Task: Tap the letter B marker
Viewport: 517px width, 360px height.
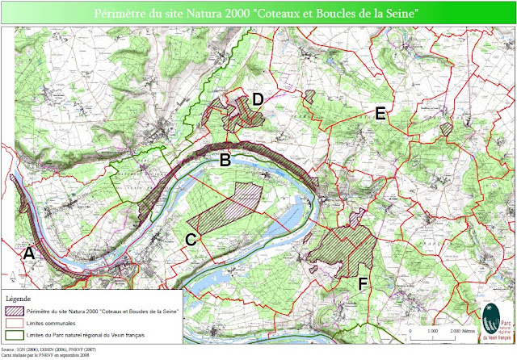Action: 226,161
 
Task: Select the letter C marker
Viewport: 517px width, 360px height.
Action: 191,240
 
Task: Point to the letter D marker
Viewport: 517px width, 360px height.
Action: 258,99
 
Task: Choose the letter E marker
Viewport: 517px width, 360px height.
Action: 380,114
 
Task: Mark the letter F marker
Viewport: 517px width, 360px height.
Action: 364,283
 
